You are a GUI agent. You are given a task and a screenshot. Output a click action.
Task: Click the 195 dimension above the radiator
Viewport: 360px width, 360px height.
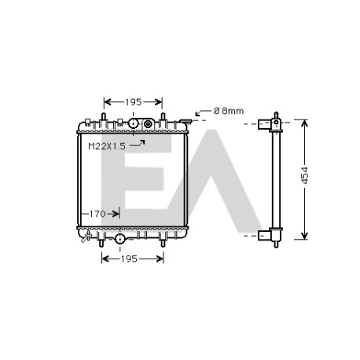point(134,102)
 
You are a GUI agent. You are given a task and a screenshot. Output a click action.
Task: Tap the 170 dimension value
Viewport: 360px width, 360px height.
point(97,214)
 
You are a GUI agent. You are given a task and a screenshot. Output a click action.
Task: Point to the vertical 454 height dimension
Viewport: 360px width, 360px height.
point(305,175)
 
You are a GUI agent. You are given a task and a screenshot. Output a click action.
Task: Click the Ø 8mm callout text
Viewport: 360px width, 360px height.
point(229,111)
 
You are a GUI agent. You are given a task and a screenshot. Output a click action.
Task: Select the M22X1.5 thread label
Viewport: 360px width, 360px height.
point(107,146)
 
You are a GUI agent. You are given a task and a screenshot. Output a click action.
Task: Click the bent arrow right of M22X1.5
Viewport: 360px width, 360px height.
point(138,143)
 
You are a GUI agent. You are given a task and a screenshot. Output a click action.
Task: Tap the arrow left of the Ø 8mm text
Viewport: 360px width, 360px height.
point(203,112)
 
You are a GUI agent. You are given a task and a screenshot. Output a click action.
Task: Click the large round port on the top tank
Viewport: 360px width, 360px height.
point(133,123)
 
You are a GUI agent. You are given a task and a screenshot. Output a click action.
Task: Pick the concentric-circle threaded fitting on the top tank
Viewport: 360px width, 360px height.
point(148,124)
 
